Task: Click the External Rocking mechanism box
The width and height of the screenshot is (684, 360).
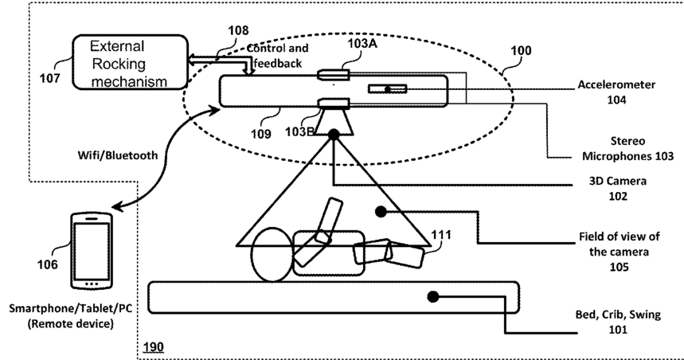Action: (x=130, y=62)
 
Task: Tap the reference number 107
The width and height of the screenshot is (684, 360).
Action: (x=49, y=79)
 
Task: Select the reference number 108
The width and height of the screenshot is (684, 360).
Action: (x=238, y=30)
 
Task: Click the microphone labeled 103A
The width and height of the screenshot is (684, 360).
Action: (x=334, y=75)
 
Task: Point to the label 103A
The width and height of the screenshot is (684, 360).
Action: (x=362, y=43)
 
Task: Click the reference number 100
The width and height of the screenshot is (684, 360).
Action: (x=521, y=51)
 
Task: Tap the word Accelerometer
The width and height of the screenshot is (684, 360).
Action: (x=616, y=84)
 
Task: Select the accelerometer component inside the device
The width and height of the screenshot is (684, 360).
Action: (x=387, y=89)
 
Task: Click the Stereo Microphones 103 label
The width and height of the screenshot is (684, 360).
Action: (x=627, y=148)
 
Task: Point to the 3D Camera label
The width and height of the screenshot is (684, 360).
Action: (x=618, y=181)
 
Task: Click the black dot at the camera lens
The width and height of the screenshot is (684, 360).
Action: (x=334, y=135)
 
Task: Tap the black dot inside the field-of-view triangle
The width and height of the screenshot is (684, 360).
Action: (x=381, y=212)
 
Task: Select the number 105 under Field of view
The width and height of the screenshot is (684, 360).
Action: (x=619, y=266)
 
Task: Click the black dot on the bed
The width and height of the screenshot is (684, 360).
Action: (x=432, y=297)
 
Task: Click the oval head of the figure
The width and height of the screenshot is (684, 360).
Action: (x=272, y=254)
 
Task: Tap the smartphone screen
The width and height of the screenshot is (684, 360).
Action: (x=92, y=251)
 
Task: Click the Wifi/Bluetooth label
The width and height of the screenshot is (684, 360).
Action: (x=118, y=155)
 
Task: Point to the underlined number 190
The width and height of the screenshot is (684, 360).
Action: (x=154, y=347)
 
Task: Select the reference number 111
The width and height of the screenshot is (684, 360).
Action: (x=441, y=235)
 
